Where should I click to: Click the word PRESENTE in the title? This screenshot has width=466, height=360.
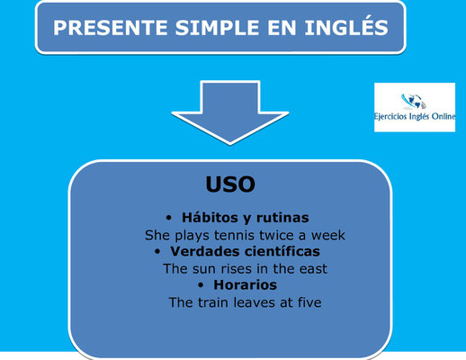click(110, 28)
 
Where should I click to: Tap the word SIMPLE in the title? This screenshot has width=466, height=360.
click(217, 28)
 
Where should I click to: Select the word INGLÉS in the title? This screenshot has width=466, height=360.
click(346, 26)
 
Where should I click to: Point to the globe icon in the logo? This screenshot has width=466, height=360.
click(414, 102)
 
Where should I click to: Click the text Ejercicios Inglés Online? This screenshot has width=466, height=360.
click(415, 116)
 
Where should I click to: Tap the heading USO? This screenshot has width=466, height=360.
click(230, 184)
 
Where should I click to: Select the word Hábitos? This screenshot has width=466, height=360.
click(209, 218)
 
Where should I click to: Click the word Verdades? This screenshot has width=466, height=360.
click(203, 251)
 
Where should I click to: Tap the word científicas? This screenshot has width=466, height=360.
click(281, 251)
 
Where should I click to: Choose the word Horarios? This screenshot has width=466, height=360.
click(245, 285)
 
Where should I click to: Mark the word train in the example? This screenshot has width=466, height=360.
click(213, 302)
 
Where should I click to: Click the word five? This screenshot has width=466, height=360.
click(309, 302)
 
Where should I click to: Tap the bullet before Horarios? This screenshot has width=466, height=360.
click(201, 285)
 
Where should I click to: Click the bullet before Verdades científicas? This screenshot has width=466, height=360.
click(157, 251)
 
